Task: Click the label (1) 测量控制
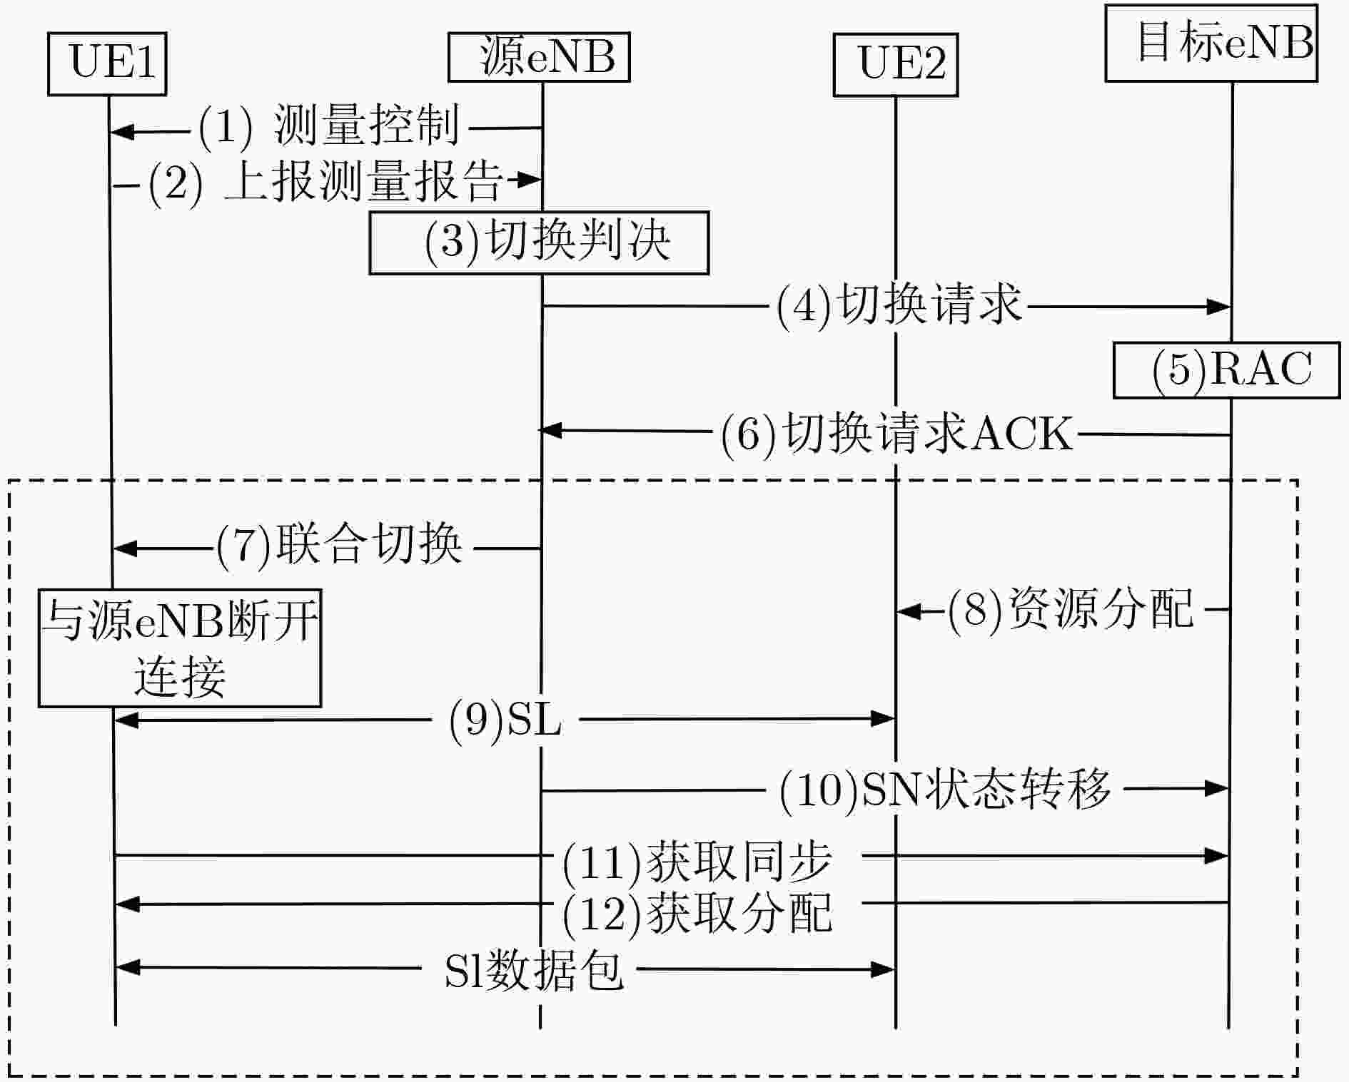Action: click(329, 127)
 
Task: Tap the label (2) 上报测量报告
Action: click(325, 182)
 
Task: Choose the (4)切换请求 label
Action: click(899, 307)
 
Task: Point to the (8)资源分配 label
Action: click(1071, 610)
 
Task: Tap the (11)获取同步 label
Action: click(697, 862)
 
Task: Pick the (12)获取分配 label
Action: click(697, 914)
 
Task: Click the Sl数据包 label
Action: click(534, 971)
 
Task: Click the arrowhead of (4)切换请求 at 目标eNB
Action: click(1218, 307)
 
